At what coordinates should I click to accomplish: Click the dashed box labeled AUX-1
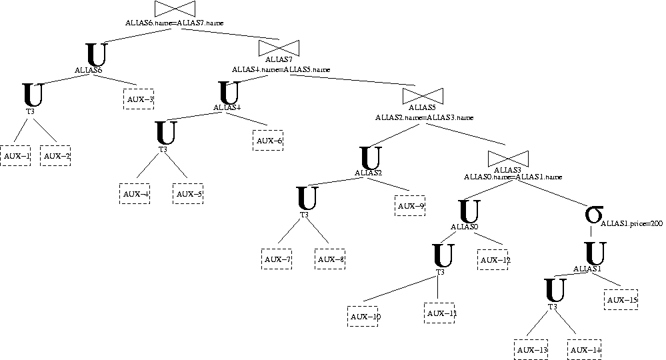[15, 156]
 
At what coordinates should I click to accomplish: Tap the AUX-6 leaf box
[269, 141]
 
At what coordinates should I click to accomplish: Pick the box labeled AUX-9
[410, 206]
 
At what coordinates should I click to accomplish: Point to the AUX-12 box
[493, 259]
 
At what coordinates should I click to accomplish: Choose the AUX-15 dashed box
[621, 300]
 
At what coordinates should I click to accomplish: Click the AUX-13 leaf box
[531, 350]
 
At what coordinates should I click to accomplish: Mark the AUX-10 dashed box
[363, 316]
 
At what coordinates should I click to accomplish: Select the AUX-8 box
[329, 259]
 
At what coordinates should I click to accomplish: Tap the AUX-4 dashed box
[135, 194]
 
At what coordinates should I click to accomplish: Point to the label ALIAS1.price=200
[632, 224]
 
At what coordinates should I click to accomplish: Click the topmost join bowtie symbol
[175, 9]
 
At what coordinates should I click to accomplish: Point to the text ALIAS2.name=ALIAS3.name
[424, 117]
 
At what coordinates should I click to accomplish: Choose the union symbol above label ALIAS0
[470, 211]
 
